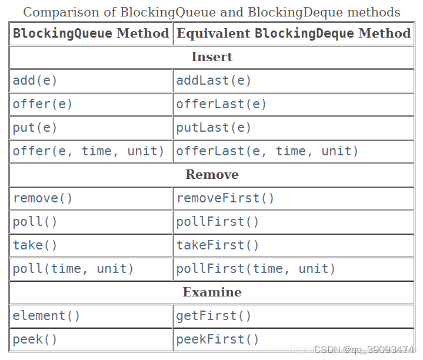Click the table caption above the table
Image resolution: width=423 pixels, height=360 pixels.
click(211, 12)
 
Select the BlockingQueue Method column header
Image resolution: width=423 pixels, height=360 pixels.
click(91, 34)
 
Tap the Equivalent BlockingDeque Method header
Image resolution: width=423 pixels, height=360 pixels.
click(294, 34)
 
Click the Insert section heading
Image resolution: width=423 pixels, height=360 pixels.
click(212, 57)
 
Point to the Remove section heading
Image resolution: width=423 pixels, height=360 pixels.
click(212, 175)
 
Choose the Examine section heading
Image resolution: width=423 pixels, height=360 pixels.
click(212, 292)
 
